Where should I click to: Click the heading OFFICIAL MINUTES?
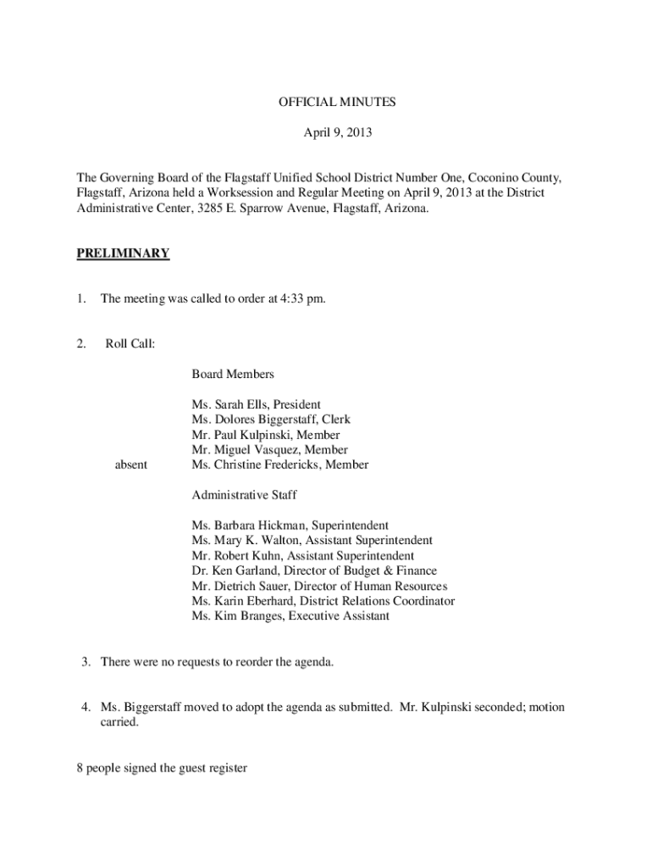pyautogui.click(x=337, y=103)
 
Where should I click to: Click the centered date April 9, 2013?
pyautogui.click(x=337, y=133)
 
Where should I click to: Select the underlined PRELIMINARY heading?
pyautogui.click(x=123, y=253)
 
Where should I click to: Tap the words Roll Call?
pyautogui.click(x=130, y=344)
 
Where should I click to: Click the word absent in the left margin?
pyautogui.click(x=130, y=465)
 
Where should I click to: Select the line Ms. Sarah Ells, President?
pyautogui.click(x=256, y=404)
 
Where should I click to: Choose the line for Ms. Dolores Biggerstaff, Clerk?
pyautogui.click(x=270, y=420)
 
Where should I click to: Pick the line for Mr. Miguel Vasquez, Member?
pyautogui.click(x=269, y=450)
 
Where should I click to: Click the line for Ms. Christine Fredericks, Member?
pyautogui.click(x=279, y=465)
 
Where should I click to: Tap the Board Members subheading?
pyautogui.click(x=232, y=374)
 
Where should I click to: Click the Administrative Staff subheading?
pyautogui.click(x=244, y=495)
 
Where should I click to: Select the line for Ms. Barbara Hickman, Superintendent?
pyautogui.click(x=290, y=526)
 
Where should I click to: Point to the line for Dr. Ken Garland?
pyautogui.click(x=314, y=571)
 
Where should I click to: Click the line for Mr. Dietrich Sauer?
pyautogui.click(x=319, y=587)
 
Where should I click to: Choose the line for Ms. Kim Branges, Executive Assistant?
pyautogui.click(x=290, y=616)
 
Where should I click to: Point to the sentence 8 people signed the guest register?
pyautogui.click(x=162, y=769)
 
